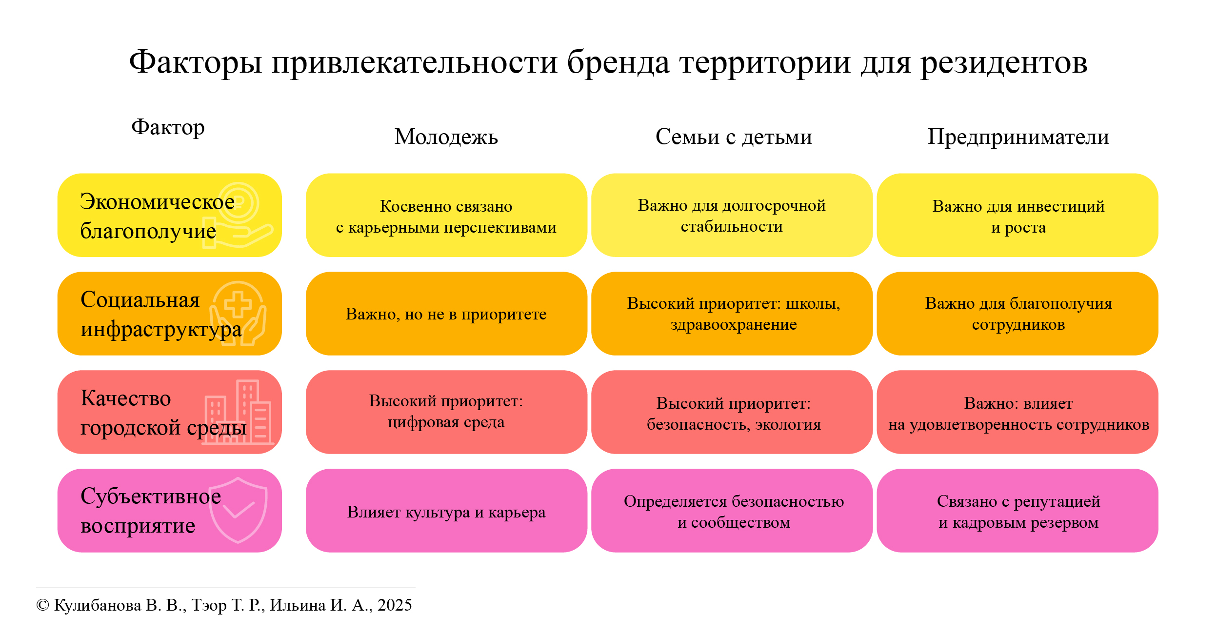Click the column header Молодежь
(x=446, y=137)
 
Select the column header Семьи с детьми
(x=734, y=137)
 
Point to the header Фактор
(x=168, y=128)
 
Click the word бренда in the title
(x=618, y=63)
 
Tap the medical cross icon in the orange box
(x=238, y=314)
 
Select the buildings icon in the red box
(x=238, y=412)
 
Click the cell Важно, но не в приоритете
(x=446, y=314)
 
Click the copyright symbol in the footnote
(x=43, y=605)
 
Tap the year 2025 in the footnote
(x=395, y=605)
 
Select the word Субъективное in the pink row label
(x=151, y=496)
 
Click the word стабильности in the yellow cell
(x=732, y=227)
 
